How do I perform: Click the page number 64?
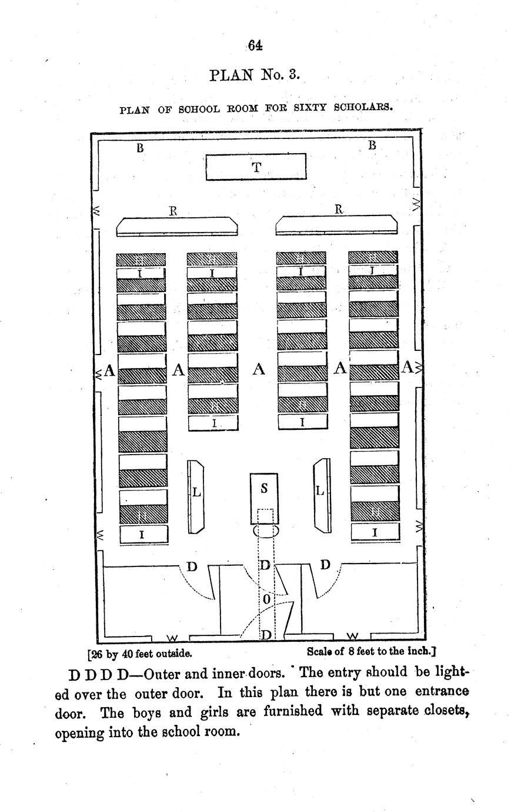255,46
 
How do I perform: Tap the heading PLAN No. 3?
255,75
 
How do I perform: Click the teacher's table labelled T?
256,167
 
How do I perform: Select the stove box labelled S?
264,498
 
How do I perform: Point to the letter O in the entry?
266,599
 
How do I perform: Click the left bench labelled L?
196,496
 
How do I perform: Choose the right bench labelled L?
322,495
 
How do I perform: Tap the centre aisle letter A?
259,369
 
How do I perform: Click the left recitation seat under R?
177,227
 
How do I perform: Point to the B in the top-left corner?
140,148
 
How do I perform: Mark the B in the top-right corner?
372,145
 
